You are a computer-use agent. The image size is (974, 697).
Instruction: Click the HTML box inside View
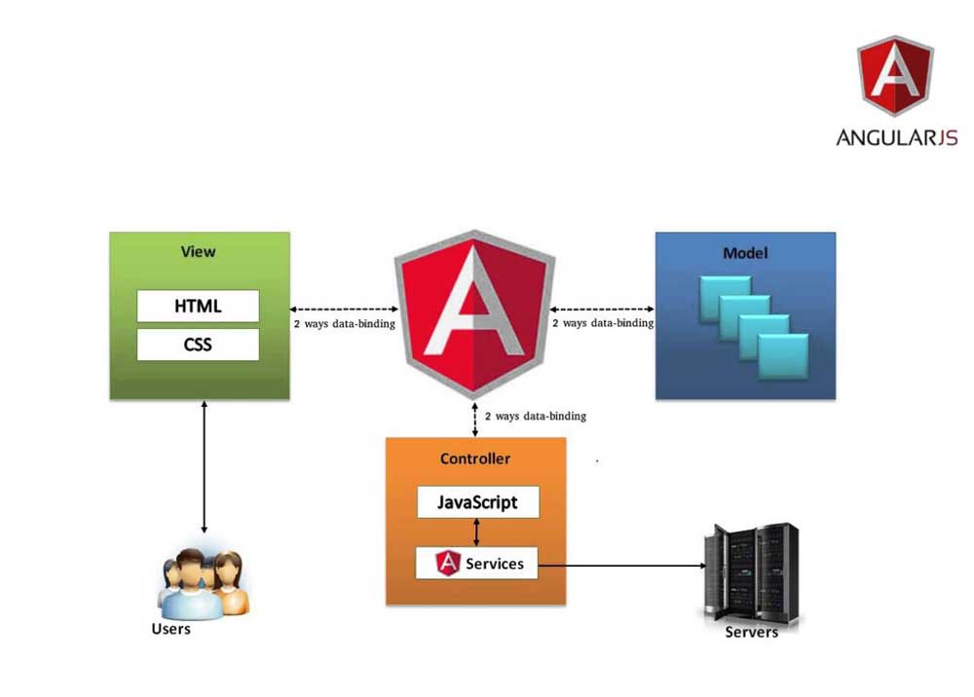pos(198,306)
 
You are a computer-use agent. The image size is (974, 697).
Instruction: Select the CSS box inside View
pos(198,344)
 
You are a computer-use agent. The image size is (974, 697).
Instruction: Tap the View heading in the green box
pos(198,252)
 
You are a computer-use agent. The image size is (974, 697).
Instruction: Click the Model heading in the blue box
pos(745,253)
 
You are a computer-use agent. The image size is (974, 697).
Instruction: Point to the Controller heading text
pos(475,459)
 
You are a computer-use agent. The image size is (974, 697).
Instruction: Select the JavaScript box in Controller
pos(477,502)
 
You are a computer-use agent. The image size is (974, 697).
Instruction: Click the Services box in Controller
pos(476,563)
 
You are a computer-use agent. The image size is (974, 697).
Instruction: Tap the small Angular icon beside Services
pos(448,563)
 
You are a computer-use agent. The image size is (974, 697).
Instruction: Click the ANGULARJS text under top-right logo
pos(896,137)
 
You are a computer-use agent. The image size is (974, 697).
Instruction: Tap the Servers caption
pos(752,633)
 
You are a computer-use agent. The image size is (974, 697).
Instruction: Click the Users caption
pos(170,629)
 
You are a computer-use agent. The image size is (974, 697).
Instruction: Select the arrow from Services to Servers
pos(623,564)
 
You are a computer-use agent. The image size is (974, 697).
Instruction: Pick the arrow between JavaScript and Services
pos(476,532)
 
